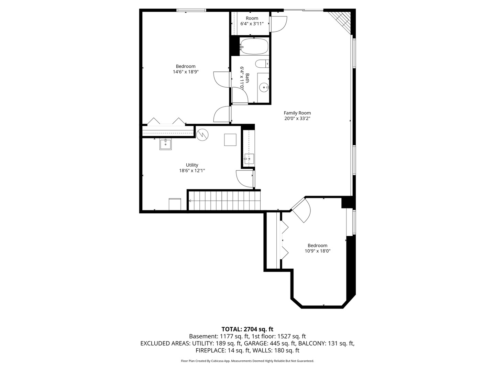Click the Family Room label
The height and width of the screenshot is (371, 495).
[297, 113]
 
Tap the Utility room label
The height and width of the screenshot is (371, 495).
[192, 165]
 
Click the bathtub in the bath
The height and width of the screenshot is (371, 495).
[254, 46]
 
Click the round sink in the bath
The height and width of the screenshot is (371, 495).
[264, 87]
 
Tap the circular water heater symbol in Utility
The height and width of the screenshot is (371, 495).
[202, 135]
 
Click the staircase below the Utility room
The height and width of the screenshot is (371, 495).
[224, 201]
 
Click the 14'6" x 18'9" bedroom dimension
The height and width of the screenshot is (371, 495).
[186, 72]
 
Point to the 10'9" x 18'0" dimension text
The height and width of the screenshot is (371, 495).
[318, 251]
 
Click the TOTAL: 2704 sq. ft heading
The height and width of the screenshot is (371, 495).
[247, 329]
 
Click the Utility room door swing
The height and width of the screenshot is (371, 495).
[245, 179]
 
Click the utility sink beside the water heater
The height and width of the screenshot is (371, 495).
[166, 144]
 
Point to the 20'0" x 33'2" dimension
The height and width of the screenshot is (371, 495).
[297, 119]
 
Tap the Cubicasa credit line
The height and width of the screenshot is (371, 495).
[247, 361]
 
